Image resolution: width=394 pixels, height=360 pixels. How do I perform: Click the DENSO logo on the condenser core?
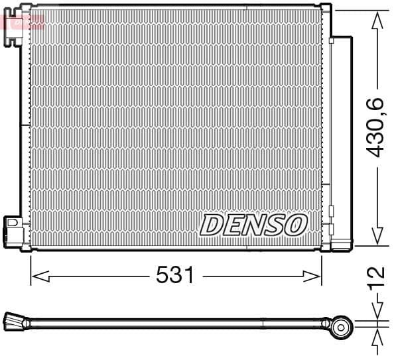(x=253, y=225)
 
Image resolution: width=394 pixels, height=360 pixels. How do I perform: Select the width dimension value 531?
(x=175, y=274)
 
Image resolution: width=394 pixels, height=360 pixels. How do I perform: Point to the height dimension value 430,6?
(x=376, y=127)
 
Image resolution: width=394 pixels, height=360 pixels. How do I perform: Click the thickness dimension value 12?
(x=376, y=276)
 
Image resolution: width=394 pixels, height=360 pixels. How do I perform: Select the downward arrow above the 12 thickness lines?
(x=377, y=311)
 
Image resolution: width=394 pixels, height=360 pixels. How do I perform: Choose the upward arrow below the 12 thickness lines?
(x=377, y=338)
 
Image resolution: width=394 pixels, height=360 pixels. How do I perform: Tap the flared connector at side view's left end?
(x=13, y=323)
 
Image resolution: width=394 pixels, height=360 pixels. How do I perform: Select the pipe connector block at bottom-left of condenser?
(x=13, y=229)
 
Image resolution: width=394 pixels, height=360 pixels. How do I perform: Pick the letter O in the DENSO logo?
(x=295, y=225)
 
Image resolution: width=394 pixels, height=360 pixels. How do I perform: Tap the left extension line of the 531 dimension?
(x=31, y=269)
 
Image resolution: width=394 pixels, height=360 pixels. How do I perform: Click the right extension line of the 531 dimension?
(x=322, y=269)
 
